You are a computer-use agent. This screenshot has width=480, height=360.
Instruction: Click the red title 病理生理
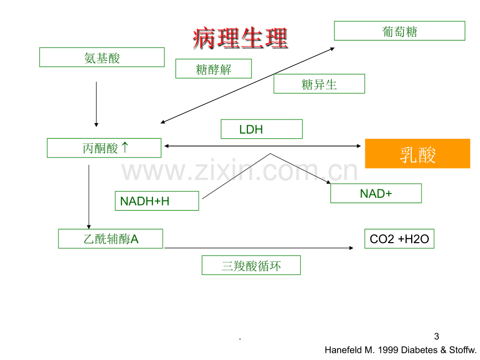(x=241, y=38)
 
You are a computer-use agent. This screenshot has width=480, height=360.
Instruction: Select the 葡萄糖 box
(x=400, y=31)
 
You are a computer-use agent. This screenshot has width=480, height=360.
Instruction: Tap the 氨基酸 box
(x=102, y=57)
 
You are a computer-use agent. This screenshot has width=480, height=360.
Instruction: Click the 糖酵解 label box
(x=213, y=68)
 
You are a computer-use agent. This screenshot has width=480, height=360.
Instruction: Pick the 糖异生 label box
(x=319, y=83)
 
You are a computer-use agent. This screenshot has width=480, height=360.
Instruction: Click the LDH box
(x=261, y=129)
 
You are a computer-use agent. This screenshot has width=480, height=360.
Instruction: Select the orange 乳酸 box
(x=417, y=153)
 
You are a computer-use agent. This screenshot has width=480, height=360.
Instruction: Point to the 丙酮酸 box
(x=104, y=148)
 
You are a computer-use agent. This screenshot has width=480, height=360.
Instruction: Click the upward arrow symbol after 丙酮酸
(x=125, y=147)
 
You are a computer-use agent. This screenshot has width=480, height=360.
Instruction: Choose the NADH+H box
(x=157, y=201)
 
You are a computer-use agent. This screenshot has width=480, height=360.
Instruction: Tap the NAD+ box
(x=376, y=193)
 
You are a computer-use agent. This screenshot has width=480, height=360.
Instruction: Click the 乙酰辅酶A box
(x=111, y=238)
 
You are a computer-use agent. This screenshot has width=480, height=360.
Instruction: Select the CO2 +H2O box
(x=399, y=238)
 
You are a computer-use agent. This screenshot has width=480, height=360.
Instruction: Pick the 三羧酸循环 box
(x=251, y=265)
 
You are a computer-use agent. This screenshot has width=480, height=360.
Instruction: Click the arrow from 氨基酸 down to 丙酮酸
(x=96, y=104)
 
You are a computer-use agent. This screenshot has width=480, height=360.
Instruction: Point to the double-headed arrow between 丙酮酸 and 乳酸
(x=262, y=146)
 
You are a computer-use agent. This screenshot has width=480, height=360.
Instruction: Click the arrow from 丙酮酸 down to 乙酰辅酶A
(x=89, y=197)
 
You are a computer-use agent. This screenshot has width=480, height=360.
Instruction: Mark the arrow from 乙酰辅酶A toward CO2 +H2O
(x=259, y=248)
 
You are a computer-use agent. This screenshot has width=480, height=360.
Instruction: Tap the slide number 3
(x=437, y=337)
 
